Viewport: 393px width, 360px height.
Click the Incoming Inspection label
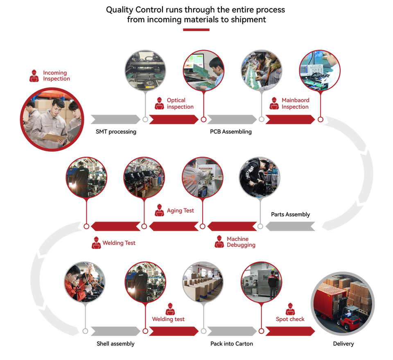(x=56, y=75)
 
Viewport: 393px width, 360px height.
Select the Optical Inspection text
(x=180, y=104)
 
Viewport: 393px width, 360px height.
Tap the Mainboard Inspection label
(x=296, y=104)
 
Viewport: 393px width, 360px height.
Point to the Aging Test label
(x=180, y=211)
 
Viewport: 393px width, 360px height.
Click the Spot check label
(x=290, y=319)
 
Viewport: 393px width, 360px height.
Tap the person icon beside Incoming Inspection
(x=34, y=75)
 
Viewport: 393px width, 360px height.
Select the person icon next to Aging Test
(x=159, y=211)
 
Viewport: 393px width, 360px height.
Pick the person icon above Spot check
(x=290, y=308)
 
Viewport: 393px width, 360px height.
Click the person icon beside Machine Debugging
(x=219, y=242)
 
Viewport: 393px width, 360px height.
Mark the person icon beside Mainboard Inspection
(x=274, y=104)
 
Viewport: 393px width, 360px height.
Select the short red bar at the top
(x=196, y=30)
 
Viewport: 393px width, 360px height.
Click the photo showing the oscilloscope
(x=319, y=70)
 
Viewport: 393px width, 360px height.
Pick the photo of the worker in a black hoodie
(x=259, y=177)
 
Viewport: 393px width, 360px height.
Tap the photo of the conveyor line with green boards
(x=261, y=70)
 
